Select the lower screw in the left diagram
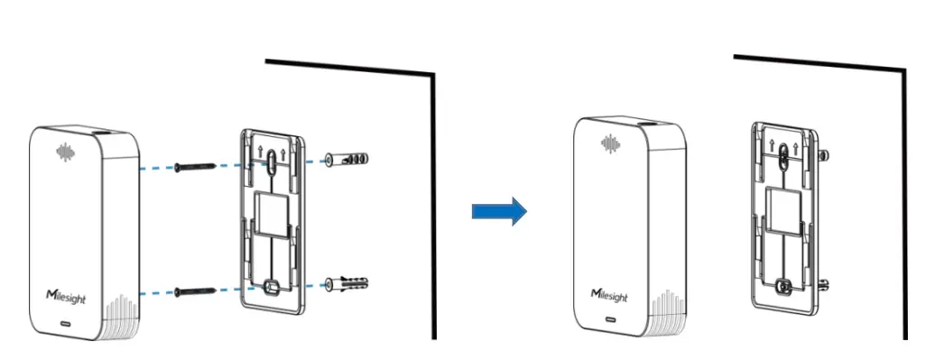197,291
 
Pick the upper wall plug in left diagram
347,160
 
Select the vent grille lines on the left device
120,319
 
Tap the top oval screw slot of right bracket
782,152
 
